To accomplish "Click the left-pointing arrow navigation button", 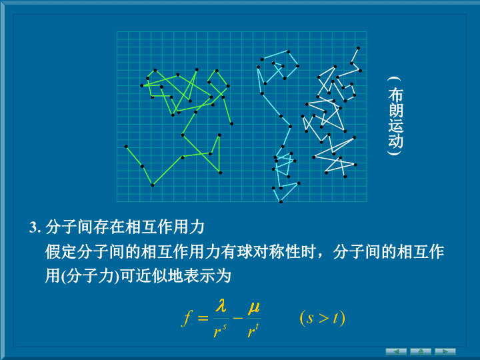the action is [x=396, y=352].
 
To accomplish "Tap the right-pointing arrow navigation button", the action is [x=445, y=352].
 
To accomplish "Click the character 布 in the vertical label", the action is [x=395, y=95].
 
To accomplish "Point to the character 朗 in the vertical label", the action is [x=395, y=110].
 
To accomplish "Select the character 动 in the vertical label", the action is [x=395, y=141].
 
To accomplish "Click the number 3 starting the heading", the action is [x=33, y=228].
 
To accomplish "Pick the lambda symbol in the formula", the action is [x=221, y=305].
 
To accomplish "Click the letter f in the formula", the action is [x=187, y=319].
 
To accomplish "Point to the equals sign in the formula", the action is [x=203, y=318].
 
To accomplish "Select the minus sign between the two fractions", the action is [x=238, y=318].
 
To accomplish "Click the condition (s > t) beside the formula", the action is [x=323, y=319].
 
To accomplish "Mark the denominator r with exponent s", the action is [x=220, y=330].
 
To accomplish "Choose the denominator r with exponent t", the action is [x=253, y=330].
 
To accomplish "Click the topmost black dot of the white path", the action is [x=358, y=48].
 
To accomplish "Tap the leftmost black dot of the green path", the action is [x=126, y=147].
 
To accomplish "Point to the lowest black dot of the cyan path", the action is [x=281, y=202].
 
